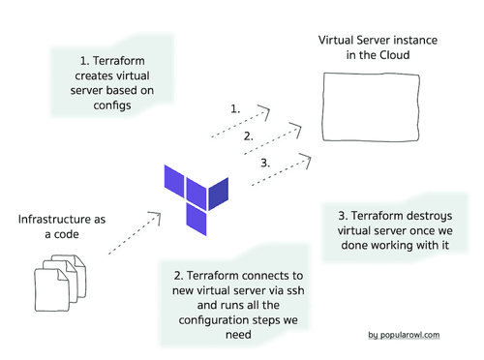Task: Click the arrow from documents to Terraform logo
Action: coord(130,233)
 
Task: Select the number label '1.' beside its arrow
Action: coord(234,109)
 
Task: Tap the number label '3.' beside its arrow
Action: coord(265,163)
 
